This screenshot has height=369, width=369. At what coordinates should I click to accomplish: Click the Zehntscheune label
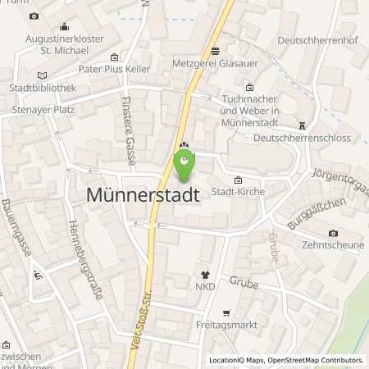tap(332, 245)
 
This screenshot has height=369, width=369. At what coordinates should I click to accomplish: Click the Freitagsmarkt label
tap(225, 327)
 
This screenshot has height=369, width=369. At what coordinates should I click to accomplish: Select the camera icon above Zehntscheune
tap(333, 233)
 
